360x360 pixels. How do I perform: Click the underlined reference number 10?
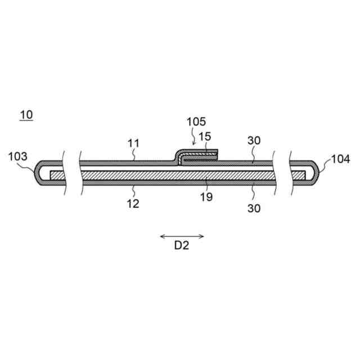26,115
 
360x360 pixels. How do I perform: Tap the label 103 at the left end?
17,156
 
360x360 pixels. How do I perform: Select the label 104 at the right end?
341,159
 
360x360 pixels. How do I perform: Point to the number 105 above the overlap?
196,121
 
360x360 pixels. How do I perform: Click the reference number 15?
205,137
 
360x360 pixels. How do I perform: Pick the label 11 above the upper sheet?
133,143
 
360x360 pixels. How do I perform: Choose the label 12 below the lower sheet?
133,204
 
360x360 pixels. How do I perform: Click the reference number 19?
206,197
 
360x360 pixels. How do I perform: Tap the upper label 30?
254,141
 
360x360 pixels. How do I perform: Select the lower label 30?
254,208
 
